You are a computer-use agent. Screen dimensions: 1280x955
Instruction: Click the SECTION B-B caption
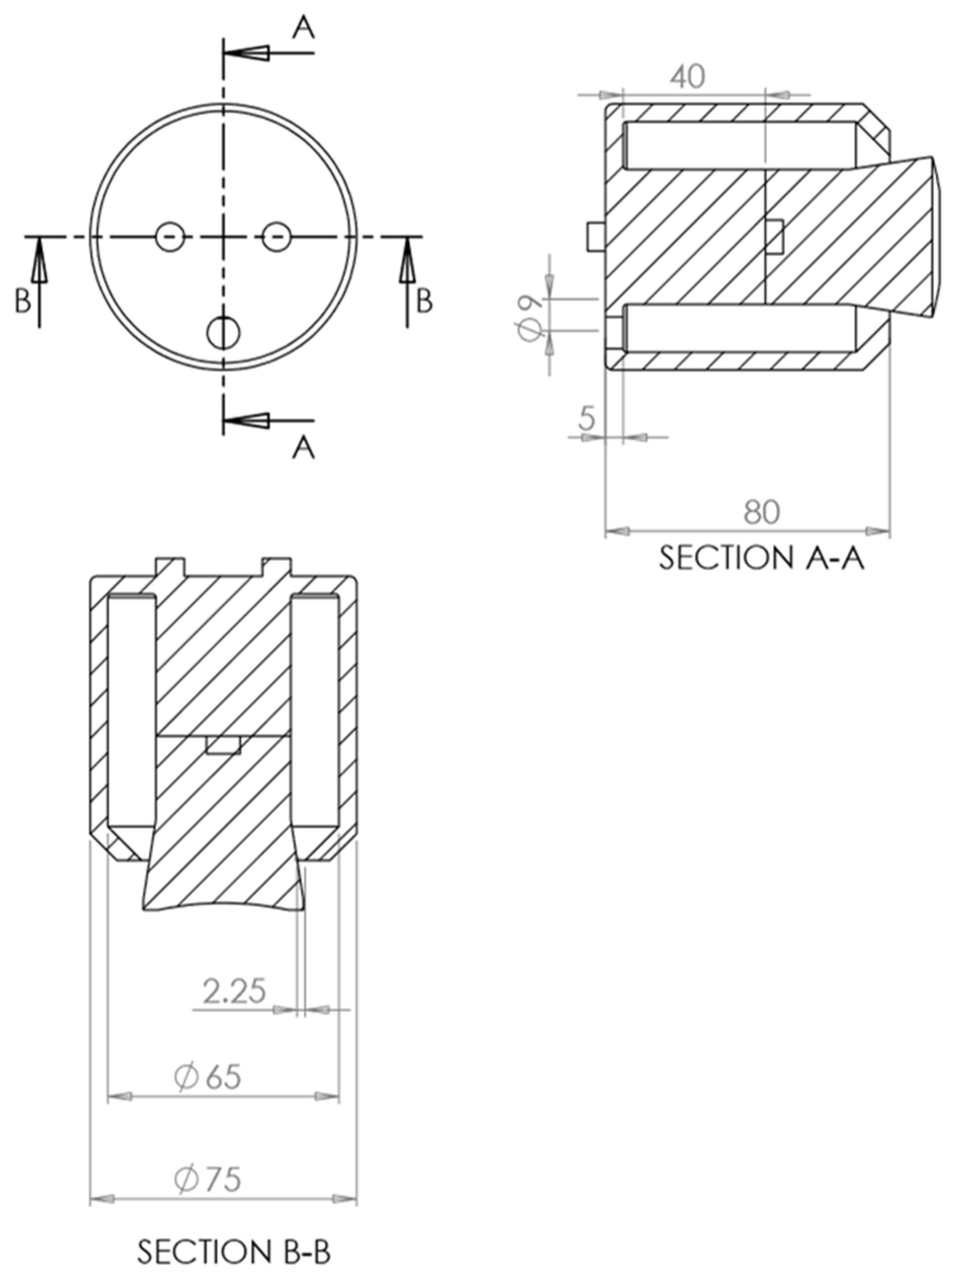pos(234,1252)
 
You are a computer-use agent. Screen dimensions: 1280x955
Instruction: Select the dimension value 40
pos(688,77)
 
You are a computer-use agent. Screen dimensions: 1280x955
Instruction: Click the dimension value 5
pos(587,417)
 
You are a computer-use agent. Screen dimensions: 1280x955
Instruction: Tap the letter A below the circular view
pos(303,447)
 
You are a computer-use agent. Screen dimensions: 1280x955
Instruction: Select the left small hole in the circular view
pos(170,237)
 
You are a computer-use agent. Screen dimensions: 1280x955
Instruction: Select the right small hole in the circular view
pos(276,237)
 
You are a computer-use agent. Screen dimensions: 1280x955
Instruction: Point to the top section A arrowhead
pos(247,53)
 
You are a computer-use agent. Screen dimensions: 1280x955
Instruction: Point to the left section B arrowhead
pos(39,260)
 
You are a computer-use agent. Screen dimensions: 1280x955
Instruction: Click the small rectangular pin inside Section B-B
pos(223,745)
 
